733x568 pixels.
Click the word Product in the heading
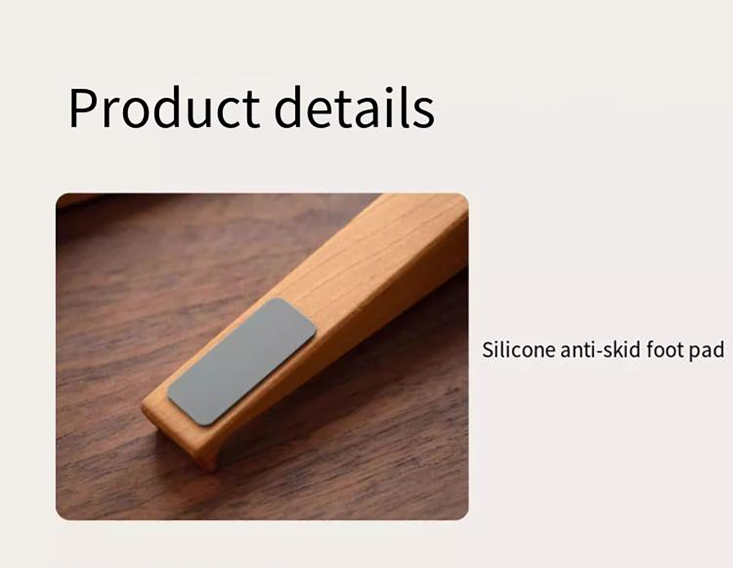164,107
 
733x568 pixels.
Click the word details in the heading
354,107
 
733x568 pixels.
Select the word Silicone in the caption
519,350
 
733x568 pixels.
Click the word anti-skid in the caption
600,350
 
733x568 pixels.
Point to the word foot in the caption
664,350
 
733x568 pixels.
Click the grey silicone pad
241,362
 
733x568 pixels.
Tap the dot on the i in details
389,90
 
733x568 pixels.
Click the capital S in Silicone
488,350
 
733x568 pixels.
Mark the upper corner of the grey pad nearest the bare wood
279,299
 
